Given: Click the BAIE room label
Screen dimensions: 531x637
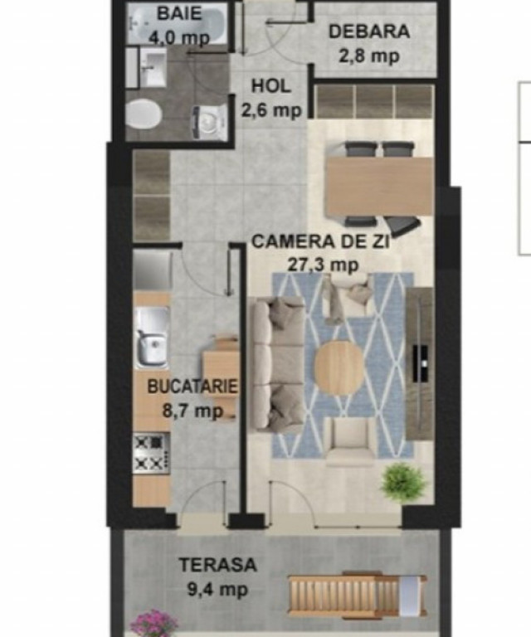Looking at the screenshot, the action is click(x=179, y=13).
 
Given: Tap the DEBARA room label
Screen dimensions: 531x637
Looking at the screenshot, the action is click(x=369, y=32).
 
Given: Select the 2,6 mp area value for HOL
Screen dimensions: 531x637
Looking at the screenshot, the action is click(x=271, y=110).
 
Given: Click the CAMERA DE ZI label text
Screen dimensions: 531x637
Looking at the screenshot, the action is click(x=321, y=241).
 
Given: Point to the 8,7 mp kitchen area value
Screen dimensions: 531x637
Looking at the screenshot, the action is click(x=193, y=411).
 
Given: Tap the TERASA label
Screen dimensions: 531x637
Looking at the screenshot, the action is click(x=218, y=565).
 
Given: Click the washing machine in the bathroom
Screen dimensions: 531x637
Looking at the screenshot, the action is click(x=209, y=122).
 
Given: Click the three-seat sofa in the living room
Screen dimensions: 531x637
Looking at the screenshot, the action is click(x=276, y=364).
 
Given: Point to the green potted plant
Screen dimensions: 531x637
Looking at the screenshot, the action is click(x=403, y=482).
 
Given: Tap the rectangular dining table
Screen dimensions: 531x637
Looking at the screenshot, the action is click(x=378, y=187).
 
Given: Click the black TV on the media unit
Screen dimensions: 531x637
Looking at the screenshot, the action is click(x=420, y=363).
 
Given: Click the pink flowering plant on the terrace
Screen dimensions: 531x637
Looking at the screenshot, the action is click(x=154, y=624).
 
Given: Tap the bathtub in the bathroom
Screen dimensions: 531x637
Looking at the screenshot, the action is click(x=178, y=24).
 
